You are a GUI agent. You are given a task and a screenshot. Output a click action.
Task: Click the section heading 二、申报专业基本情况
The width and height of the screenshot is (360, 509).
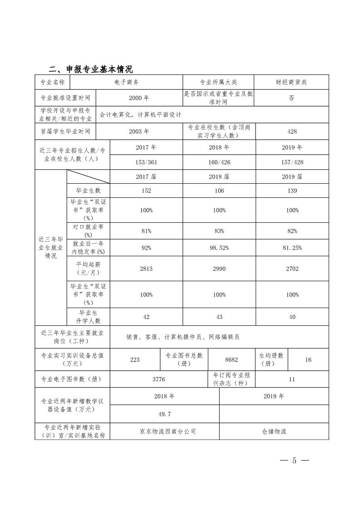[90, 69]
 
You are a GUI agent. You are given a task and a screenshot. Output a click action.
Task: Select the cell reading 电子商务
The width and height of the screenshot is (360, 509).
[127, 82]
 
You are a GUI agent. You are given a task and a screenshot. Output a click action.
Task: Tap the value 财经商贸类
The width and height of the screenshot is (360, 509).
[291, 82]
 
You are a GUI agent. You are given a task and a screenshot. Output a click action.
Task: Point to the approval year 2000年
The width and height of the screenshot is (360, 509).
[139, 98]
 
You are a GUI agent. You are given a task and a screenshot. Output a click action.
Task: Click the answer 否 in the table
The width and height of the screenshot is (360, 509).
[291, 98]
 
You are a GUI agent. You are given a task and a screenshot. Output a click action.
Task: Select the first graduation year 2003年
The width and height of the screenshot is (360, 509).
[139, 132]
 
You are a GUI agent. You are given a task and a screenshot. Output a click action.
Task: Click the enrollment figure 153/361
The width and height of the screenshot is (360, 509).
[146, 162]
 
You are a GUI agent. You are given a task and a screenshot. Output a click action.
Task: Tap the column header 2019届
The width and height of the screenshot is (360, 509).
[292, 176]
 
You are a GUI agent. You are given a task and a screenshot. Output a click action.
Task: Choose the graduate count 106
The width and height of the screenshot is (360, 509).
[219, 191]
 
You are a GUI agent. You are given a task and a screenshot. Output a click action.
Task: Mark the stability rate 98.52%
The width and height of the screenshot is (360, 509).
[219, 248]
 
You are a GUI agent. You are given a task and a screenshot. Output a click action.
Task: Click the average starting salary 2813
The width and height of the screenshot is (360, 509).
[146, 269]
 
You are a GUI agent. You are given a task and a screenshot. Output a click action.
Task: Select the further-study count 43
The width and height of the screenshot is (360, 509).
[219, 317]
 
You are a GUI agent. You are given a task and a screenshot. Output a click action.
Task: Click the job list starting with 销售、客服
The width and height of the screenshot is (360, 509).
[183, 337]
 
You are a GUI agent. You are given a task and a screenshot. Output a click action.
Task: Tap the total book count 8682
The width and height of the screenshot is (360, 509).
[232, 359]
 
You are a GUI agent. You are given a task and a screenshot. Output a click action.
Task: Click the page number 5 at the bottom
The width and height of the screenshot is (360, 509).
[294, 461]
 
